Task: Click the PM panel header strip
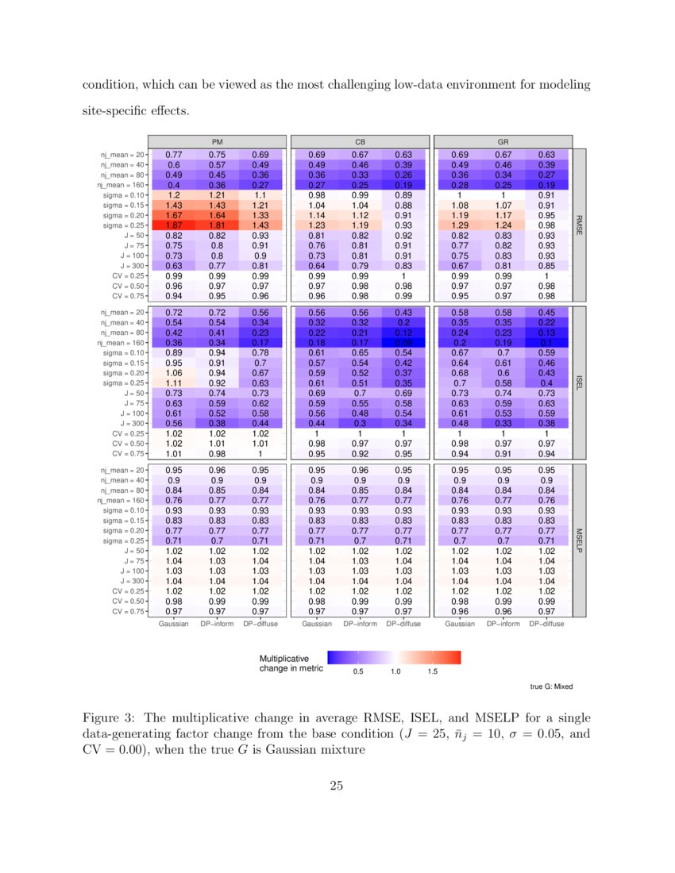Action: click(x=217, y=140)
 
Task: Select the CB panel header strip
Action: click(x=359, y=140)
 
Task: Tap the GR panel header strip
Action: click(x=502, y=140)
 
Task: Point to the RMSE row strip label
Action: click(x=579, y=225)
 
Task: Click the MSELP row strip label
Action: click(x=579, y=540)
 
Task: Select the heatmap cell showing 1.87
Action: click(x=173, y=225)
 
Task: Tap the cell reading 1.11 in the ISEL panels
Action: click(x=173, y=382)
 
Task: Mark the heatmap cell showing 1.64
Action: click(x=217, y=214)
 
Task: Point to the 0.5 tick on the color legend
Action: click(x=358, y=672)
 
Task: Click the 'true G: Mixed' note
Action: click(x=551, y=686)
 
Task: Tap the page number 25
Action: click(x=337, y=786)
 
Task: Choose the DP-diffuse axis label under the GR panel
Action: click(x=546, y=625)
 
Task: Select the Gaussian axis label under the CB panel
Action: click(x=316, y=625)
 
